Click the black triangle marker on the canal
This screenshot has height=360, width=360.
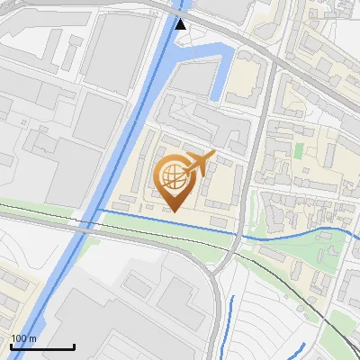pyautogui.click(x=182, y=23)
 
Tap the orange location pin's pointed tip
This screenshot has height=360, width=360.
pyautogui.click(x=175, y=210)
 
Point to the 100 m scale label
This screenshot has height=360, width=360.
pyautogui.click(x=23, y=338)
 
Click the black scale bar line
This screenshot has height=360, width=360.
pyautogui.click(x=42, y=346)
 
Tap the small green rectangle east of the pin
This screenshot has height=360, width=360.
pyautogui.click(x=298, y=151)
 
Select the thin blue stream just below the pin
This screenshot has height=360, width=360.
pyautogui.click(x=162, y=219)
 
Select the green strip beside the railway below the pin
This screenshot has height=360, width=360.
pyautogui.click(x=162, y=230)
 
